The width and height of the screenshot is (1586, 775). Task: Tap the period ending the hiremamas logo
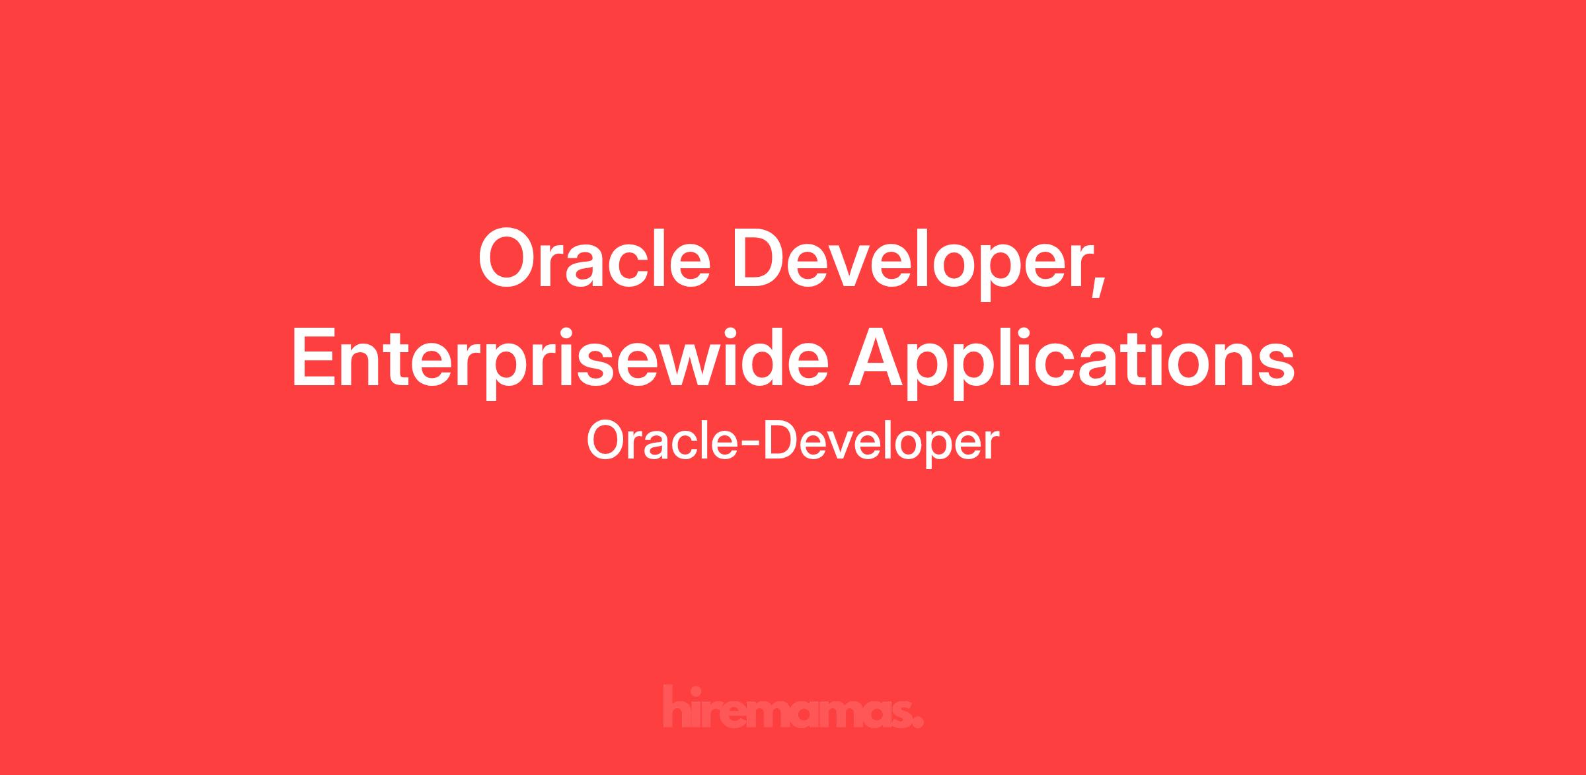click(x=918, y=723)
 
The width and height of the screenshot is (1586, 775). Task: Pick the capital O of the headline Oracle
click(x=510, y=259)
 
